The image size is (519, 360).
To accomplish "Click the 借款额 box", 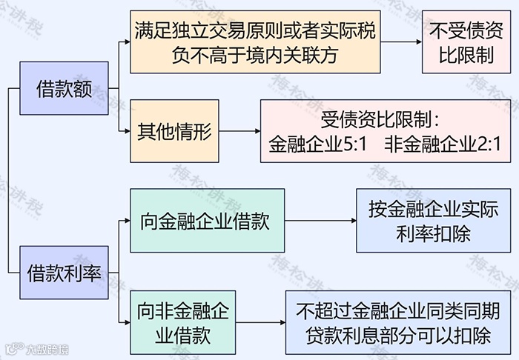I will pos(64,89).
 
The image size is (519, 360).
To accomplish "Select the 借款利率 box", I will pos(64,273).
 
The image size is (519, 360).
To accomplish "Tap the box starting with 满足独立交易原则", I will pos(254,41).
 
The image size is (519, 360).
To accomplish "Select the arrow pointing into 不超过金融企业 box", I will pos(259,323).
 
